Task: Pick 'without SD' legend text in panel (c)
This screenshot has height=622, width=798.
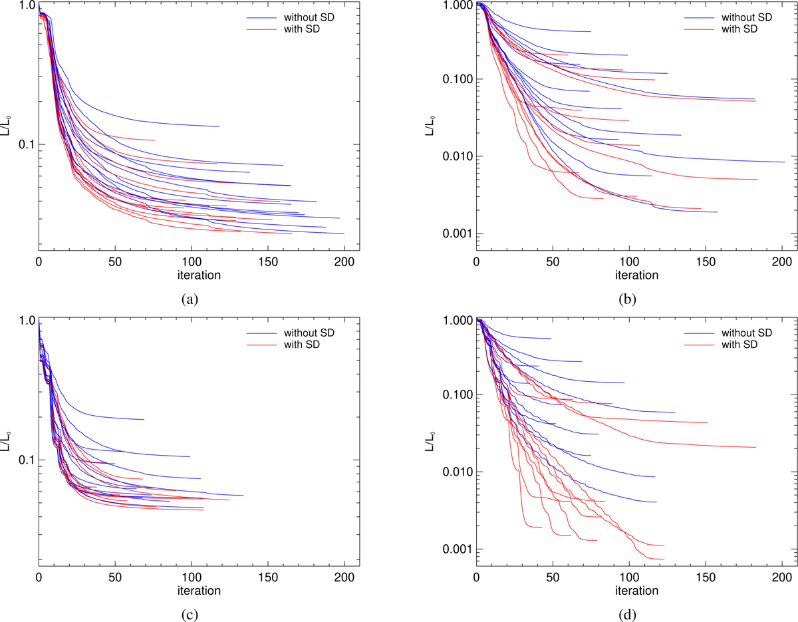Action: coord(309,333)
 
